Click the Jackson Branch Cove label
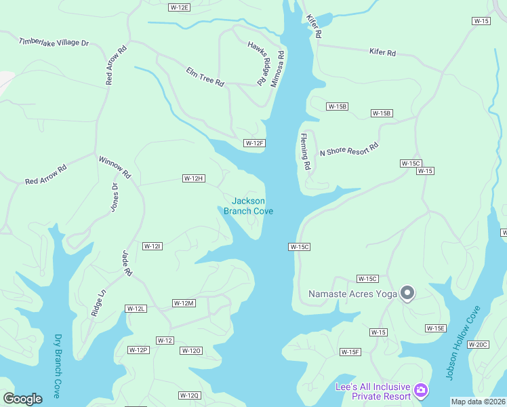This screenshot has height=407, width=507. click(248, 206)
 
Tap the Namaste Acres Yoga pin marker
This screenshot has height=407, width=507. click(407, 293)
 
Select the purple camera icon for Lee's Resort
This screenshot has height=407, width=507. click(421, 389)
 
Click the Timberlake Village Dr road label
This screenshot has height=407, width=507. click(54, 42)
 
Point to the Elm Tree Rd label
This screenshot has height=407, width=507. click(205, 75)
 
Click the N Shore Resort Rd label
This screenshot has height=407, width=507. click(348, 149)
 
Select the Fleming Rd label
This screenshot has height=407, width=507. click(306, 151)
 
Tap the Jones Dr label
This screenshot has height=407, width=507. click(114, 197)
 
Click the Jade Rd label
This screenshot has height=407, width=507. click(125, 263)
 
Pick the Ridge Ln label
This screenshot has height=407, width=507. click(99, 303)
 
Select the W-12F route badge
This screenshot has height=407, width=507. click(254, 143)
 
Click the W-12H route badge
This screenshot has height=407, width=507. click(193, 178)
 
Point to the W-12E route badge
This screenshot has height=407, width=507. click(179, 7)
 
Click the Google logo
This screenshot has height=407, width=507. click(22, 398)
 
